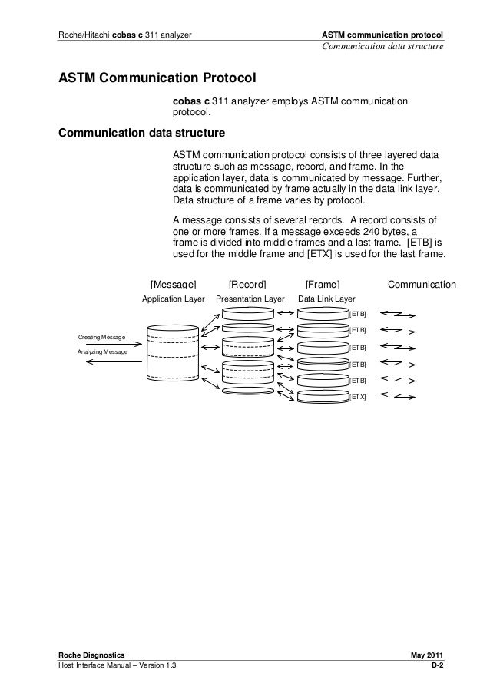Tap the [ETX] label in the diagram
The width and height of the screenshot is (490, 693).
click(358, 397)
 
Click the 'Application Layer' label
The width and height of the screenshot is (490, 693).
click(174, 299)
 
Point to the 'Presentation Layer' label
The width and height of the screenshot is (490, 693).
click(250, 299)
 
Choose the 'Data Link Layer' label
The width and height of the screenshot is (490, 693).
click(326, 299)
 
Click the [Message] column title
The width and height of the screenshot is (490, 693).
click(174, 285)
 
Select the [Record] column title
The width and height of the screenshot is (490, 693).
click(247, 285)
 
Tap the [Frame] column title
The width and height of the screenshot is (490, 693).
click(323, 285)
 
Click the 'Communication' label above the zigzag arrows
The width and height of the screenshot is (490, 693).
click(422, 285)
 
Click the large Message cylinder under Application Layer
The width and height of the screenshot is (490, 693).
click(177, 351)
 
